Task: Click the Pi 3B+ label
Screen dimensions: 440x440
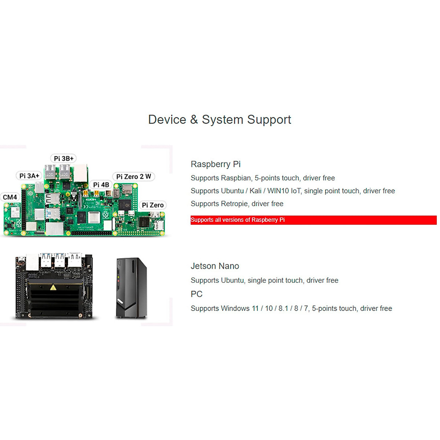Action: (63, 158)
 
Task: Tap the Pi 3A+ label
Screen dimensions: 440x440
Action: (29, 176)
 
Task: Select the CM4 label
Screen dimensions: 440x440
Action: (10, 197)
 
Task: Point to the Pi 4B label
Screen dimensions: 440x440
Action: (101, 185)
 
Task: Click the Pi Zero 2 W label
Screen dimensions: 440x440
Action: (133, 176)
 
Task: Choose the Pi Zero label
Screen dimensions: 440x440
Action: (153, 205)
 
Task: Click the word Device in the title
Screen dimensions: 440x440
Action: (167, 120)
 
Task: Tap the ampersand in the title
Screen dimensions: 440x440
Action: (194, 120)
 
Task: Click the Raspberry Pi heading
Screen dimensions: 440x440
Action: (216, 164)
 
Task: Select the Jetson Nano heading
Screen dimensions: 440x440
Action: (215, 266)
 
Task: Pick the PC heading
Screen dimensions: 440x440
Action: (197, 294)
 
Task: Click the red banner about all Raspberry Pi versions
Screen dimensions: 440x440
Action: (313, 220)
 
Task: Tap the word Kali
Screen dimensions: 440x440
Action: (255, 191)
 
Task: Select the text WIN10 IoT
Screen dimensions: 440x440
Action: (284, 191)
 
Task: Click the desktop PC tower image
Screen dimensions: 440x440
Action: (131, 288)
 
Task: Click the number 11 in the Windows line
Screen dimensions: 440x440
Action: (255, 308)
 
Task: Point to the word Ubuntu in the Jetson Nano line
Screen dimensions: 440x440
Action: (232, 280)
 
